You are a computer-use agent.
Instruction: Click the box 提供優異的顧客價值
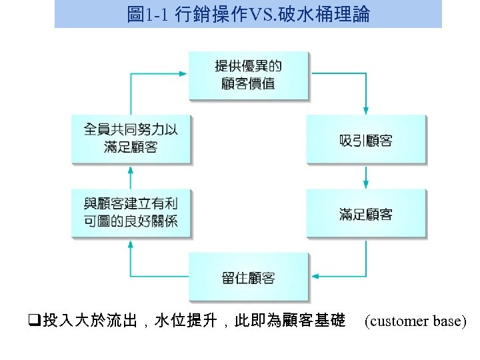tap(248, 75)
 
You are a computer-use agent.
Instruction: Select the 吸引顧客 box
tap(365, 140)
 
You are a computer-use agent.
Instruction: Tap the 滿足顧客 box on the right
tap(365, 214)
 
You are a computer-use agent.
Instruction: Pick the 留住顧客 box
tap(248, 277)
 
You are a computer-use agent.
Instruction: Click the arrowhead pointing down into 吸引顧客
tap(365, 110)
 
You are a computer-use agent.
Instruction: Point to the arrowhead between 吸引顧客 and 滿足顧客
tap(365, 184)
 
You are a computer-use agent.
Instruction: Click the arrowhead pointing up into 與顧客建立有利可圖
tap(131, 244)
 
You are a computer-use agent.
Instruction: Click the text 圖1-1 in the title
tap(148, 14)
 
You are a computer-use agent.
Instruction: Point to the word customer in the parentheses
tap(398, 322)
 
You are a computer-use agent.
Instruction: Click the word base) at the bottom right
tap(450, 322)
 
